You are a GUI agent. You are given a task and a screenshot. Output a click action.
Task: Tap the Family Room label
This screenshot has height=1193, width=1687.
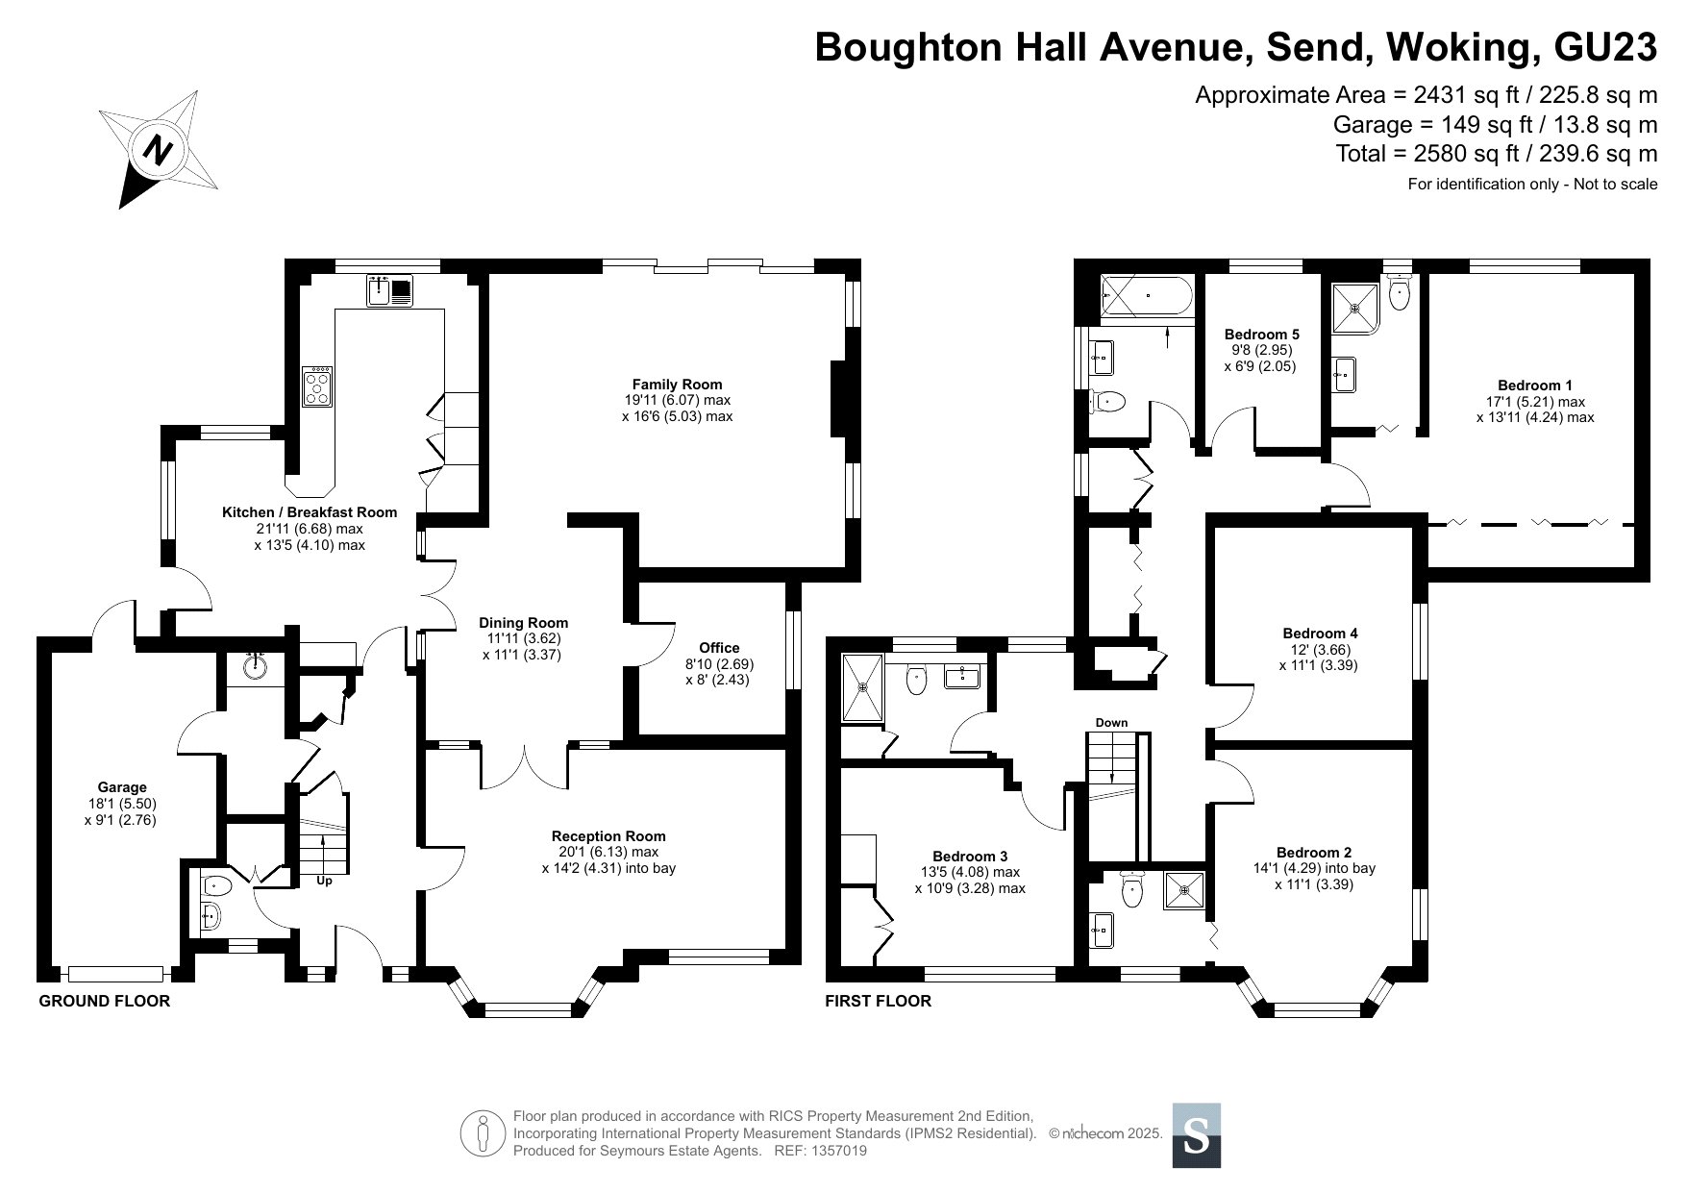point(677,385)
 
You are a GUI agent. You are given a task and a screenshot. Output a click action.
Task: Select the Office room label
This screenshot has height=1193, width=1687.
point(719,648)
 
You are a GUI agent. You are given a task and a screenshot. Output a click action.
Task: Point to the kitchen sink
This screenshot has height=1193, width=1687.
point(390,290)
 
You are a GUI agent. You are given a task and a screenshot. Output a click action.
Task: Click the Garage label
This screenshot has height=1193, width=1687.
point(122,787)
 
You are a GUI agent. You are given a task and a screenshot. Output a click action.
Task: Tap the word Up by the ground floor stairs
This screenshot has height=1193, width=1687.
point(324,881)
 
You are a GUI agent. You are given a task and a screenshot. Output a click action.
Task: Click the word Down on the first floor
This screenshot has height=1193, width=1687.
point(1111,723)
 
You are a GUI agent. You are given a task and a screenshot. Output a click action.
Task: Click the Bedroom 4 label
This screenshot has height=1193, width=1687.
point(1320,634)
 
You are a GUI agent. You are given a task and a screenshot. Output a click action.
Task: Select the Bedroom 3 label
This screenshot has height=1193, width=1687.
point(970,857)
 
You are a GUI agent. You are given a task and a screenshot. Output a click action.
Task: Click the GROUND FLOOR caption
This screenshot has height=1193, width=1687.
point(104,1001)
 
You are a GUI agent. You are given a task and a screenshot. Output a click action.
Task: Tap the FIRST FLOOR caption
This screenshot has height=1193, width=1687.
point(879,1001)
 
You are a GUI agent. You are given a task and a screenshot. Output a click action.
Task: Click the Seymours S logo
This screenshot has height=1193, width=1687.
point(1197,1135)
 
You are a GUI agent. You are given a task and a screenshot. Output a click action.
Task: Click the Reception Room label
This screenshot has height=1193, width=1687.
point(608,836)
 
